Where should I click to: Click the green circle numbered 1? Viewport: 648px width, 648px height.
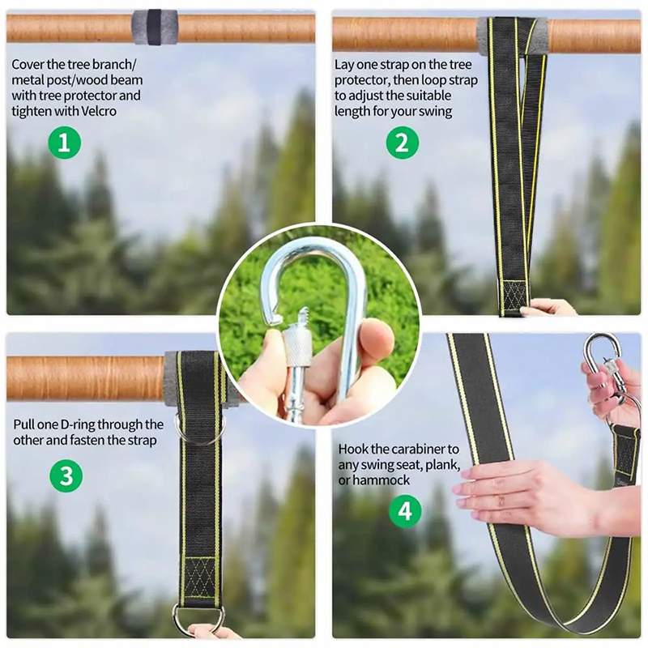pos(64,143)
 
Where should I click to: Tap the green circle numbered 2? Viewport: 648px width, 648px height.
pos(402,143)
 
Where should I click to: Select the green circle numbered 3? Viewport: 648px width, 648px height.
pos(66,475)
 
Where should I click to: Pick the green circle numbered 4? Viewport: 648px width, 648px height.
pos(405,511)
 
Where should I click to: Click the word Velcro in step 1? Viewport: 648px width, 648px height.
pos(99,111)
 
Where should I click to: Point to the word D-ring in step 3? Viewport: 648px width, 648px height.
pos(78,424)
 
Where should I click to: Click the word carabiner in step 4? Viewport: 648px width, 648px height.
pos(418,449)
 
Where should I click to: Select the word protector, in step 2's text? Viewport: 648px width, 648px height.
pos(362,80)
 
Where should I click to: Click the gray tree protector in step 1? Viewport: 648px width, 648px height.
pos(155,28)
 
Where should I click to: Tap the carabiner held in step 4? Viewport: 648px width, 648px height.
pos(604,364)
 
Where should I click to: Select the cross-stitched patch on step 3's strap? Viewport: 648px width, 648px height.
pos(199,578)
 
